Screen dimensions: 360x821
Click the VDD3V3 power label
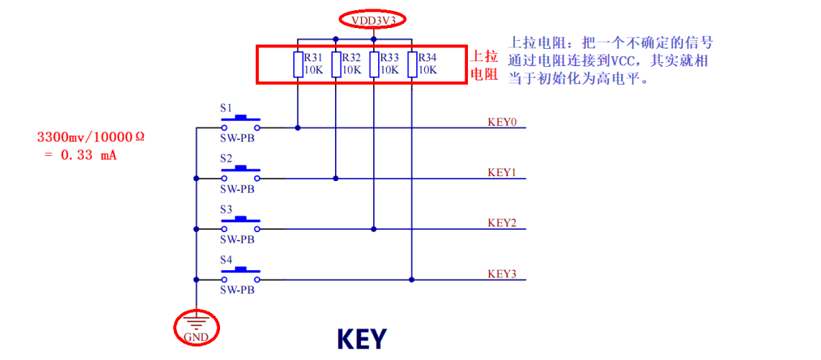(372, 21)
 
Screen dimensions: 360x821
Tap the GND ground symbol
(196, 327)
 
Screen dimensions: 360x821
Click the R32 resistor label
(352, 57)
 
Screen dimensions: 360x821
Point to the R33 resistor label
(389, 57)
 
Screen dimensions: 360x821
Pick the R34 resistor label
(427, 57)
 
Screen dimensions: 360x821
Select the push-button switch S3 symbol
(240, 221)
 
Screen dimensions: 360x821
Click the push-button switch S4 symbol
(240, 272)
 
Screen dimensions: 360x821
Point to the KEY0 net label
(502, 121)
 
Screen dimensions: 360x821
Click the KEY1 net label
(502, 172)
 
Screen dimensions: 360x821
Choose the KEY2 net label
(502, 223)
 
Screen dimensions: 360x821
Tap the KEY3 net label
(502, 274)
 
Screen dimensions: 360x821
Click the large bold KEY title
(362, 338)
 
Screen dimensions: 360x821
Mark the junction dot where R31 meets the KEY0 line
(298, 128)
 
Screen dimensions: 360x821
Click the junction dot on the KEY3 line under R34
(411, 280)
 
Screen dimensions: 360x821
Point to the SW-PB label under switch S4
(237, 290)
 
